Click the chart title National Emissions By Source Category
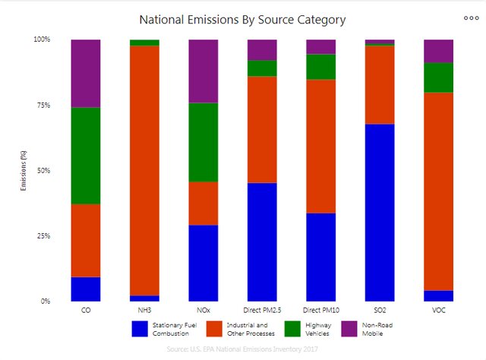point(242,19)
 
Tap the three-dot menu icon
point(470,17)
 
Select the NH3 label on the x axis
point(144,311)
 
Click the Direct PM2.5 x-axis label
point(262,311)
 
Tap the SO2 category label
point(379,311)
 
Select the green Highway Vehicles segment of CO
point(86,156)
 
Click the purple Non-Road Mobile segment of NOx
point(204,71)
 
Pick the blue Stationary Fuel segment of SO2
point(380,213)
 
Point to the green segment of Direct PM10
point(320,67)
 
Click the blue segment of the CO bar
point(86,289)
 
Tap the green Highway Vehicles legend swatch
point(293,329)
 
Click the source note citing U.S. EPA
point(242,349)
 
